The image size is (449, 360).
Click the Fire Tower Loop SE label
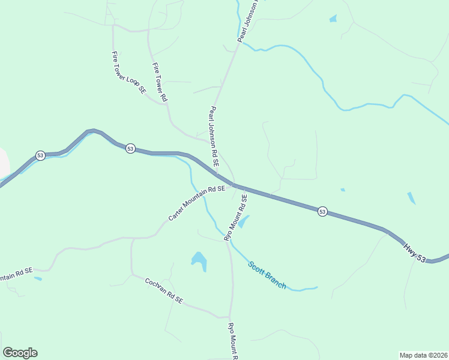coord(128,73)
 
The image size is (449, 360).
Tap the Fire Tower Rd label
coord(159,82)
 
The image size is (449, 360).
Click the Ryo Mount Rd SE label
coord(236,217)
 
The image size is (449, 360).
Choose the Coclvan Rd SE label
coord(163,290)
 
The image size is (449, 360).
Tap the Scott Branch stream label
coord(267,274)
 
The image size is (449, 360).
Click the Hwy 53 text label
coord(414,252)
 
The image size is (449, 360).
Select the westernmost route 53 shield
coord(40,155)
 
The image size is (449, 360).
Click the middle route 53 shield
coord(130,148)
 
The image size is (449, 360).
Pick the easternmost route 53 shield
coord(322,211)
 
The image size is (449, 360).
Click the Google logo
coord(20,353)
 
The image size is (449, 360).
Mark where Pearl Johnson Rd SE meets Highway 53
coord(233,184)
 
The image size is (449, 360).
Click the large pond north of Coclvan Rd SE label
coord(199,260)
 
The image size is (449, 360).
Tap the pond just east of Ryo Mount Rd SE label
coord(244,221)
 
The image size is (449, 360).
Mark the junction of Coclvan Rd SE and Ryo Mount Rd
coord(229,317)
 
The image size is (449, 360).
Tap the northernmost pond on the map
coord(333,19)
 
